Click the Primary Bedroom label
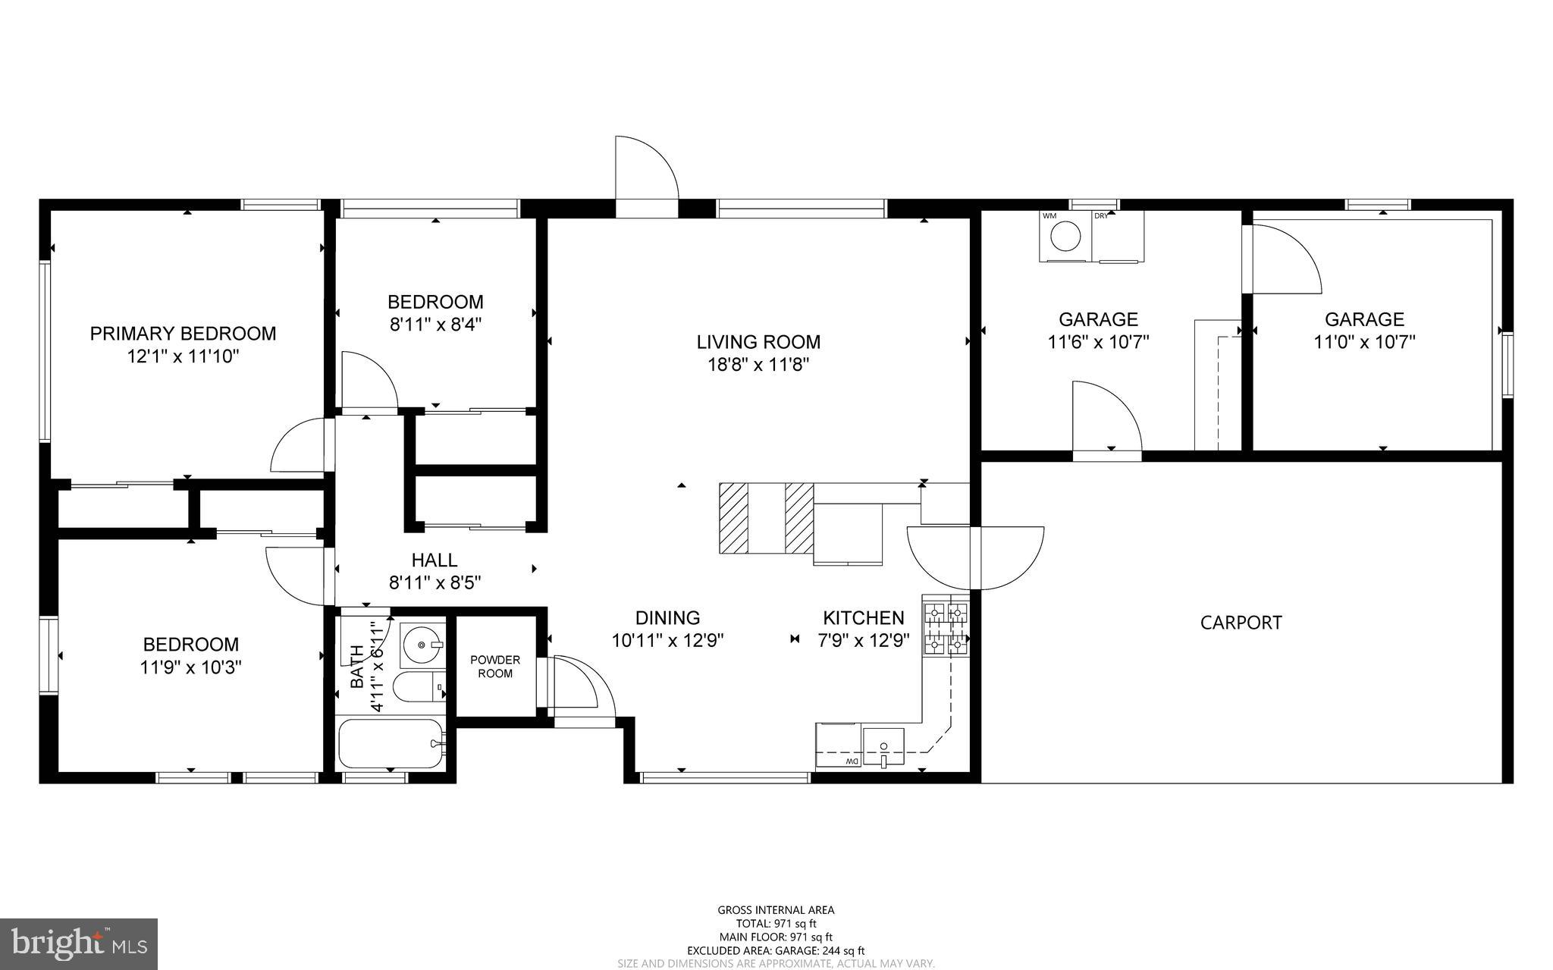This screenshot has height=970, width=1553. (x=183, y=333)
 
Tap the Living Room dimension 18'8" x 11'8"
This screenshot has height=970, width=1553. (x=758, y=365)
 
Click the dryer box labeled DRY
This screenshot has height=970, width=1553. (x=1118, y=237)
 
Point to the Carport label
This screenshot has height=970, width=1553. (x=1241, y=623)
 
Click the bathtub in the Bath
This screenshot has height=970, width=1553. (x=391, y=744)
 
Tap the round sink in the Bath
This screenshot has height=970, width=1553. (x=422, y=645)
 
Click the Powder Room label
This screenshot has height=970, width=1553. (x=495, y=667)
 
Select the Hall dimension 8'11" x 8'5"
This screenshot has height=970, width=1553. (x=435, y=583)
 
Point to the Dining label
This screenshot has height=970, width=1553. (x=667, y=618)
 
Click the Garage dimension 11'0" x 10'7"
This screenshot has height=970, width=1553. (x=1364, y=342)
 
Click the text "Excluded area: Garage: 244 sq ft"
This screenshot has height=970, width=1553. (x=775, y=950)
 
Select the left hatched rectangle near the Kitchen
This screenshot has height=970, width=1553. (x=733, y=519)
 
